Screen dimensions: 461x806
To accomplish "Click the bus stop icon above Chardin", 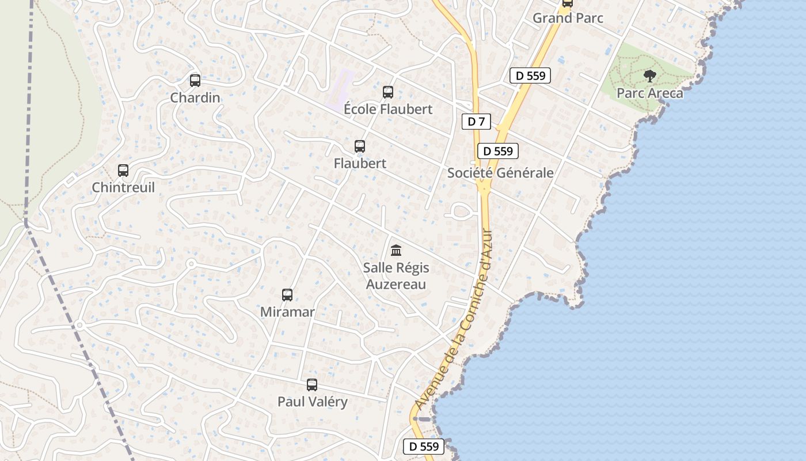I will click(195, 81).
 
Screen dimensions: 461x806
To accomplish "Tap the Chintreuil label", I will click(123, 188).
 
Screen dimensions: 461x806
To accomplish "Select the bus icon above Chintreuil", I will click(123, 171).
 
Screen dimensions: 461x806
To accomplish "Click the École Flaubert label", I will click(388, 109).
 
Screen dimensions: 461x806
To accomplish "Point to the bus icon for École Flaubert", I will click(388, 92).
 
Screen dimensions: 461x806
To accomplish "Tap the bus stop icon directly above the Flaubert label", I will click(360, 146).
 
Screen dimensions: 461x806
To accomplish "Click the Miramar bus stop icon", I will click(287, 295).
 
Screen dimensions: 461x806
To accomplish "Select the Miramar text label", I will click(287, 312).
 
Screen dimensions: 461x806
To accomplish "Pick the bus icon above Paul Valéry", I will click(312, 385).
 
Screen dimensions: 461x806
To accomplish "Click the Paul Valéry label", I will click(313, 402).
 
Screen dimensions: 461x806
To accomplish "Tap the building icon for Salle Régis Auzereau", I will click(396, 251).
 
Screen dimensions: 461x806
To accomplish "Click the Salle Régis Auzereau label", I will click(396, 276).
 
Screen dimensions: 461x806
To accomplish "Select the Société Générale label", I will click(500, 173).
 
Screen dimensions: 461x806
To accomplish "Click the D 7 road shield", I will click(476, 122).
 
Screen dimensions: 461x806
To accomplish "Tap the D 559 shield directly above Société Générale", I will click(498, 152).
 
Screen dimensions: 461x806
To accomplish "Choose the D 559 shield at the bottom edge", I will click(424, 446).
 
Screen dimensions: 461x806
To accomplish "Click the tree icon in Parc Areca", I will click(650, 75).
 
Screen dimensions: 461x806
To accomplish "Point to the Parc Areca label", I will click(650, 93).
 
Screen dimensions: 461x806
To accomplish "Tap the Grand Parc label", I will click(568, 18).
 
